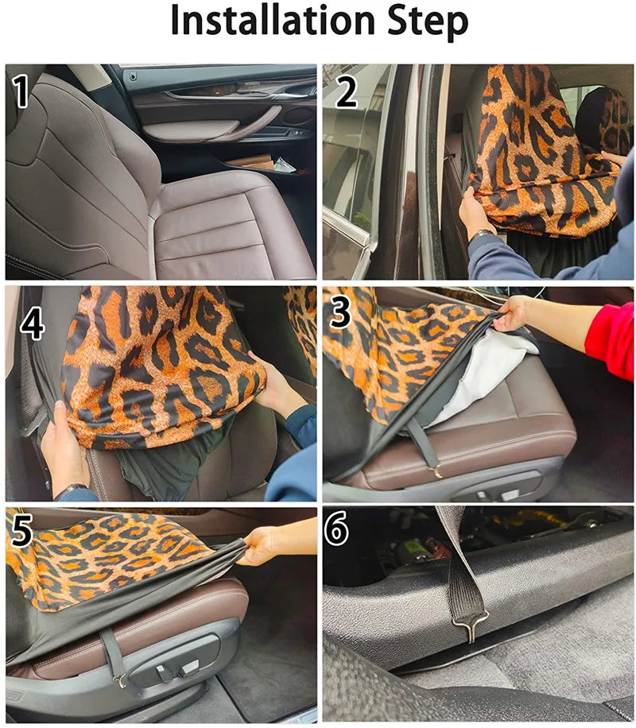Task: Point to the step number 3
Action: click(x=341, y=312)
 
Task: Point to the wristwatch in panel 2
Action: click(x=482, y=234)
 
